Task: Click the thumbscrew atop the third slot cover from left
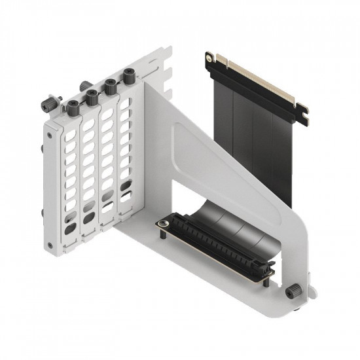pyautogui.click(x=111, y=84)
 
